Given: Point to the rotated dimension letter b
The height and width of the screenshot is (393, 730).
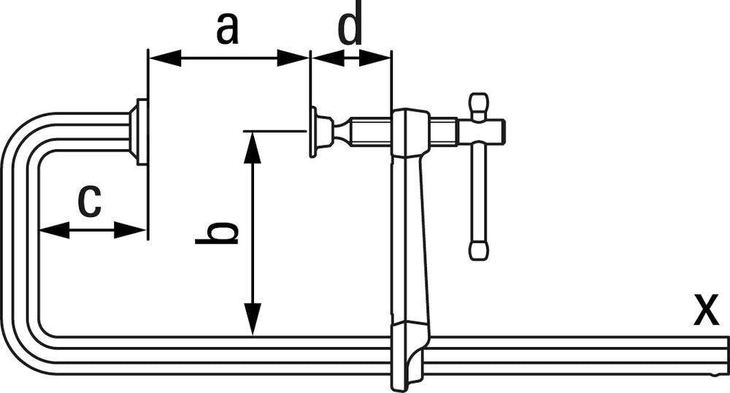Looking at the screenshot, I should (218, 232).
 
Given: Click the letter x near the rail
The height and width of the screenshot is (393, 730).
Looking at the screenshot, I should (705, 309).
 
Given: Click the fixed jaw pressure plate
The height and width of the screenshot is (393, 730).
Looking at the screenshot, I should (139, 132).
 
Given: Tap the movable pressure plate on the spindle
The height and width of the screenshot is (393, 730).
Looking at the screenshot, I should (314, 132).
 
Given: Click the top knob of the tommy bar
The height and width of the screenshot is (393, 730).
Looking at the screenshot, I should (479, 102).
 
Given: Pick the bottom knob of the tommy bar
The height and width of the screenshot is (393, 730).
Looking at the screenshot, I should (479, 251).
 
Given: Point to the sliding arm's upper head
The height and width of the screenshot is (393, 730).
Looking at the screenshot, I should (410, 131).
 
